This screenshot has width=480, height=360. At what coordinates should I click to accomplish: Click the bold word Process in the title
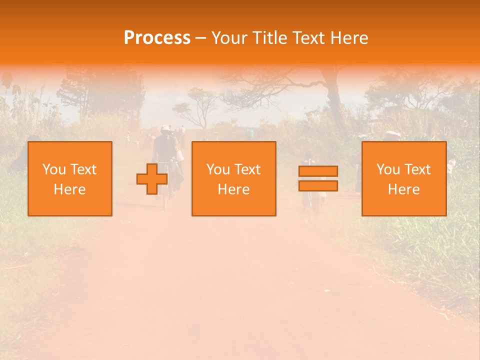(157, 37)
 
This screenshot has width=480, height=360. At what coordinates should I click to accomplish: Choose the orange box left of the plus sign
(70, 178)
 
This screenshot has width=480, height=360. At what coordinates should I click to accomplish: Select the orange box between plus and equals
(233, 178)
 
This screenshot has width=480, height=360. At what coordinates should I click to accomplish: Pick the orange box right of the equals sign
(403, 178)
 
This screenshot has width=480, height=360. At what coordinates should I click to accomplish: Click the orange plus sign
(152, 179)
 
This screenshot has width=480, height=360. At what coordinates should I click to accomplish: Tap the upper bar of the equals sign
(318, 171)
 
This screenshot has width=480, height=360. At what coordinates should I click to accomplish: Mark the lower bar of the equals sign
(318, 185)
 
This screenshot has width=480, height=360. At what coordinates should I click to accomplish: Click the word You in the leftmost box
(54, 169)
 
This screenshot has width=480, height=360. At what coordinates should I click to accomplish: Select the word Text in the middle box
(247, 169)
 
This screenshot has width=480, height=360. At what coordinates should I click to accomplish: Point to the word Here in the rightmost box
(403, 189)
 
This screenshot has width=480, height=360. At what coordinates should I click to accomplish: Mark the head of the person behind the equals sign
(306, 155)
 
